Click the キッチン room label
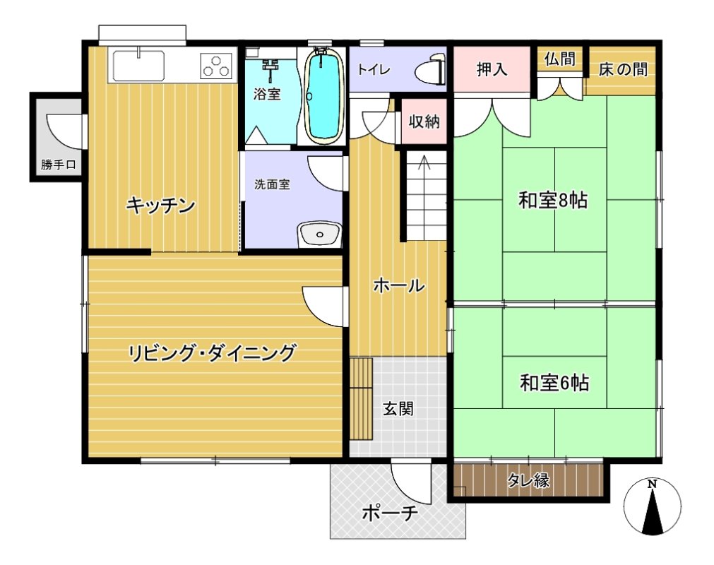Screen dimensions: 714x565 [x=161, y=206]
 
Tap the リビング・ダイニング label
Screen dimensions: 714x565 [x=212, y=353]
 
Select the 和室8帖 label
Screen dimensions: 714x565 [x=553, y=201]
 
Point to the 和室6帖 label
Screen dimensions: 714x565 [x=554, y=382]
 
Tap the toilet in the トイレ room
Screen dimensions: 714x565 [x=430, y=71]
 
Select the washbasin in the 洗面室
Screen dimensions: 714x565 [x=319, y=234]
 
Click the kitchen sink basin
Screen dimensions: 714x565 [x=138, y=66]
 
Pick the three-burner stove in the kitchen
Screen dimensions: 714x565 [x=216, y=66]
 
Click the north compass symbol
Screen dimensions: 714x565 [x=653, y=506]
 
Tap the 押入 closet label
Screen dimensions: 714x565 [x=492, y=69]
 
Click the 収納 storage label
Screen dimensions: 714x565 [x=424, y=121]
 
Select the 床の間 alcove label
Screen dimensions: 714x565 [x=623, y=69]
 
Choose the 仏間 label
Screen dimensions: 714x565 [x=559, y=59]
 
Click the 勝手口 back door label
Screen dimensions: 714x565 [x=59, y=165]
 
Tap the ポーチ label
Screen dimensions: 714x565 [x=390, y=513]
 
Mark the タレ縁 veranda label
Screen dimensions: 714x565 [x=528, y=480]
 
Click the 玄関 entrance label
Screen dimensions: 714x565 [x=398, y=409]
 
